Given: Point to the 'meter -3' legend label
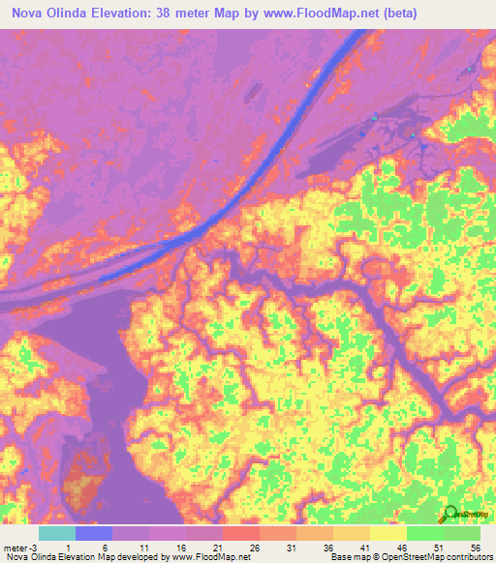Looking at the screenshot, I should click(x=20, y=547).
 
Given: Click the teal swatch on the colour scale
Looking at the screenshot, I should click(x=57, y=533).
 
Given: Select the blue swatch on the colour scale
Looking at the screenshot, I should click(x=94, y=533).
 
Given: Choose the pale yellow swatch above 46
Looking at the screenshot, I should click(x=388, y=533).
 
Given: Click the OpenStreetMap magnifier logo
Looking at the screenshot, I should click(x=449, y=516).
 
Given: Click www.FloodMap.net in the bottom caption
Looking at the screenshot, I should click(x=207, y=558).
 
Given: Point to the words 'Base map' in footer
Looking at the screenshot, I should click(x=347, y=558).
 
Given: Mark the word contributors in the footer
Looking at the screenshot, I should click(x=468, y=558).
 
